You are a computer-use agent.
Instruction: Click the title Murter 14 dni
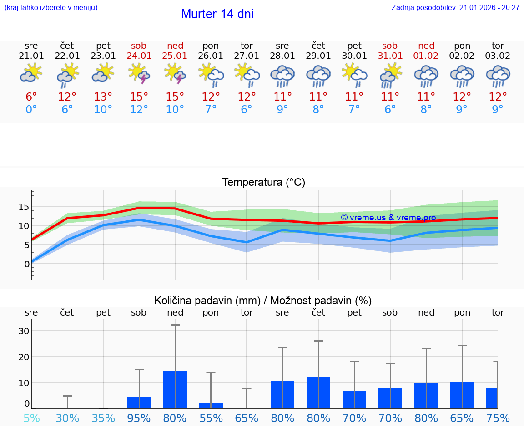217,14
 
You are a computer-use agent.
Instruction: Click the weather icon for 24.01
139,73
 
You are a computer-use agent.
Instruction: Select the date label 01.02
426,56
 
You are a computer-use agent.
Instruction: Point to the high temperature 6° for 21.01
31,97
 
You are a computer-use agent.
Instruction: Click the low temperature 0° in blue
31,110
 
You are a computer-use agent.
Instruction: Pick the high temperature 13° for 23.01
103,97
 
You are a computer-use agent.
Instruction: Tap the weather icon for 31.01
390,75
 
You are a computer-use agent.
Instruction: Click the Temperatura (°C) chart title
263,183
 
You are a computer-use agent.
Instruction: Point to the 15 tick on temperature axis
24,207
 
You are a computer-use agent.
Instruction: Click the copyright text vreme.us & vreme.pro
388,218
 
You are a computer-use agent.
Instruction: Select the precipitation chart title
263,301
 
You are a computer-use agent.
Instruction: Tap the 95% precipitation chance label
139,418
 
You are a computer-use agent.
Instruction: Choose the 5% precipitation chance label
31,418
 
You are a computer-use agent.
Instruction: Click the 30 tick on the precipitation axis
24,331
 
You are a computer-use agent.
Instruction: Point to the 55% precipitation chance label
211,418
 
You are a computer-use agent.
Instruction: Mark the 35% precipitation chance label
103,418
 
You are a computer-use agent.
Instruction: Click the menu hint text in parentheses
51,7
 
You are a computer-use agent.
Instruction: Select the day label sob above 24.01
139,46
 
